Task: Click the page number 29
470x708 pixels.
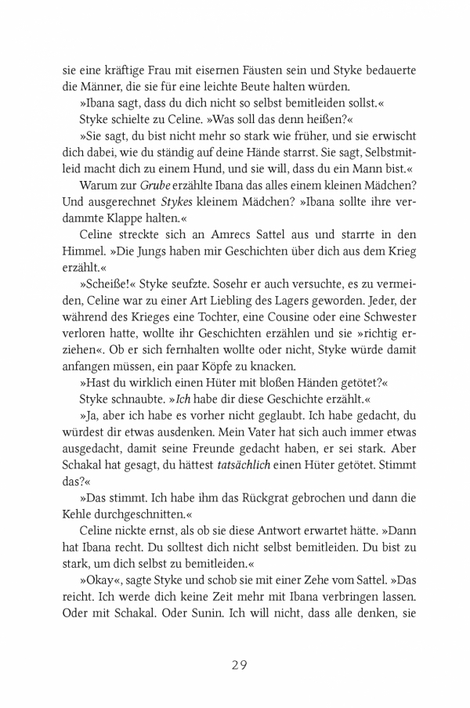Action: pyautogui.click(x=239, y=666)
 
